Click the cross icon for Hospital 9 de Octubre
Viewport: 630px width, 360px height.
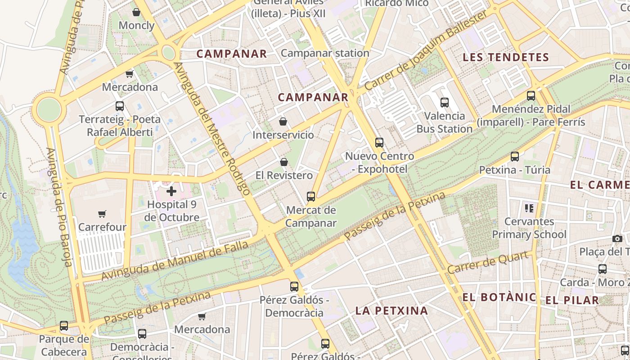(171, 191)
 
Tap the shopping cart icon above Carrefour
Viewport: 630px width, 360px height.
(102, 214)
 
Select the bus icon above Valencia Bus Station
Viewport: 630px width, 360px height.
(445, 103)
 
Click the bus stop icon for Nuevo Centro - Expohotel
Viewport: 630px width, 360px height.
(379, 143)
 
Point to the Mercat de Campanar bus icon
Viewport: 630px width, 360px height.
(310, 197)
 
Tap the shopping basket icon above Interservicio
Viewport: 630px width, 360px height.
(283, 121)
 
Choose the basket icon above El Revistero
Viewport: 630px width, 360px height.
(284, 162)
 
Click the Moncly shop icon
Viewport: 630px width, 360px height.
(136, 12)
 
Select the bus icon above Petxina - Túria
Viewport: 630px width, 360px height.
(515, 157)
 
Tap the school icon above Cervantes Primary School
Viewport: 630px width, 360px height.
(529, 208)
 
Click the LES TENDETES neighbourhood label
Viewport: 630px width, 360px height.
(506, 57)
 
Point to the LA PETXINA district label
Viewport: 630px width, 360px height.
(391, 310)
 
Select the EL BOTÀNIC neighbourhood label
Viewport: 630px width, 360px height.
(499, 297)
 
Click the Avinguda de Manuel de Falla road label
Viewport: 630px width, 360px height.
(175, 261)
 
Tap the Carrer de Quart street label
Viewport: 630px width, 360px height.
(488, 262)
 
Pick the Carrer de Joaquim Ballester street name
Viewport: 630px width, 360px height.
(426, 50)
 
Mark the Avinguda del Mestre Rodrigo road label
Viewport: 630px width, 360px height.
(211, 129)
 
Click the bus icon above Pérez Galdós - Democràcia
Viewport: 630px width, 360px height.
(294, 287)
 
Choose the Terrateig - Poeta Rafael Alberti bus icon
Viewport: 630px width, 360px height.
(120, 106)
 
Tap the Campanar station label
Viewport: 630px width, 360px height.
(325, 53)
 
